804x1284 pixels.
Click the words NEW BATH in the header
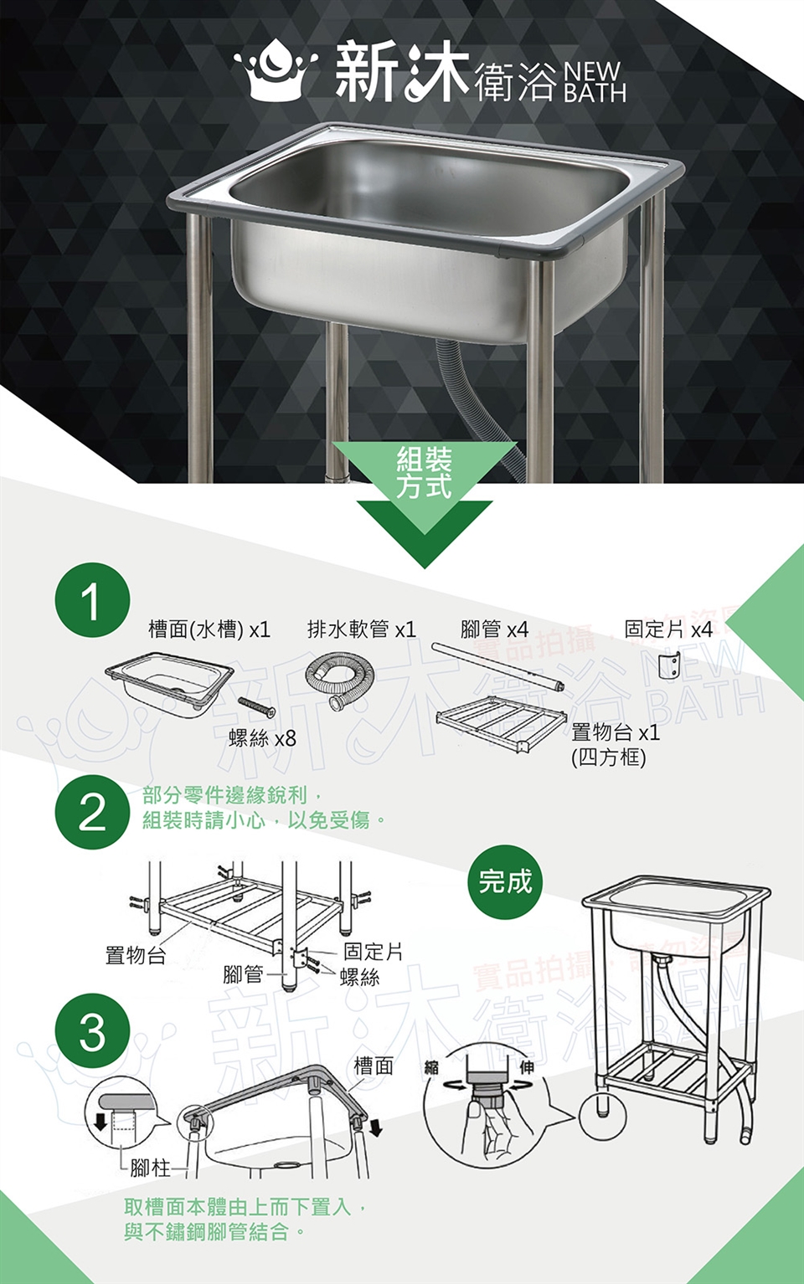[595, 82]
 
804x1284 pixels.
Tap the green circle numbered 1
[92, 600]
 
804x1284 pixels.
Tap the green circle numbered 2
[92, 812]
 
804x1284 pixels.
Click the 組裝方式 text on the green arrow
[425, 473]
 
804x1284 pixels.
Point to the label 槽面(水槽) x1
[209, 630]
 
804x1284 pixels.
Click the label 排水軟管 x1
[361, 629]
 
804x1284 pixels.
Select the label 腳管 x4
[494, 629]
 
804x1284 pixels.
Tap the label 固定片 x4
[668, 629]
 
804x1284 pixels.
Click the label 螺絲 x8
[262, 738]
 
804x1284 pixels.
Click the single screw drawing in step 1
[256, 707]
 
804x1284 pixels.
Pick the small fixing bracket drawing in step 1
[669, 665]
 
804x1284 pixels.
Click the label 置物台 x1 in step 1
[616, 732]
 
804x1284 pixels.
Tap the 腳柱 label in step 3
[150, 1168]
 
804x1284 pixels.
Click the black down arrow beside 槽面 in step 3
[376, 1127]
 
